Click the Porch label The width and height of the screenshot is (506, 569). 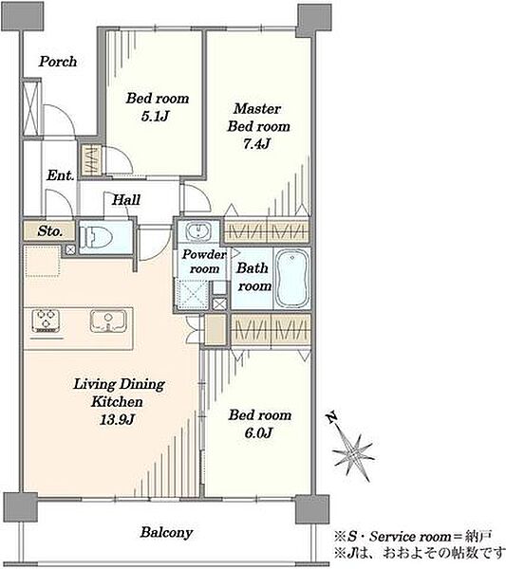pos(58,62)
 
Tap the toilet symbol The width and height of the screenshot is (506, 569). pos(96,237)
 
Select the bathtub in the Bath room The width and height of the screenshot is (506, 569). pos(292,278)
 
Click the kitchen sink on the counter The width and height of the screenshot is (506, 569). pos(108,321)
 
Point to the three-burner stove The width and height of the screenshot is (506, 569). pos(47,321)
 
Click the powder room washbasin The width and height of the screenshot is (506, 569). pos(198,231)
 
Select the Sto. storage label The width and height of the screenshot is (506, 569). pos(49,231)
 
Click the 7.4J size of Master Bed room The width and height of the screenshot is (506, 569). pos(257,144)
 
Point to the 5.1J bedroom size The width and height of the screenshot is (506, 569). pos(156,116)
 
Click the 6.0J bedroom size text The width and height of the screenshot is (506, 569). pos(258,432)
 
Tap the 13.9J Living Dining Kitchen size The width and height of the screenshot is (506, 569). pos(117,419)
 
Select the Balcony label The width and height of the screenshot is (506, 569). pos(166,532)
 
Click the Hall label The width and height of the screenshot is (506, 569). pos(125,199)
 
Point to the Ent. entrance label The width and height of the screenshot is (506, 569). pos(61,175)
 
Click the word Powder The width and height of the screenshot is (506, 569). pos(204,254)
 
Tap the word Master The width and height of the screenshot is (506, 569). pos(257,108)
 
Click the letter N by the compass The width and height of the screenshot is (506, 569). pos(331,417)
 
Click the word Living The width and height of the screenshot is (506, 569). pos(94,384)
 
